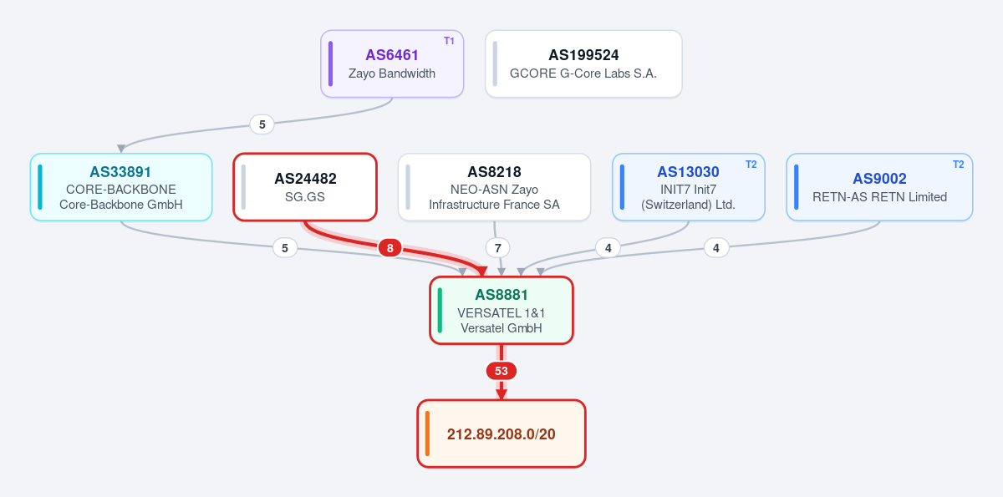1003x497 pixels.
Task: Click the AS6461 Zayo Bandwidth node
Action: click(392, 63)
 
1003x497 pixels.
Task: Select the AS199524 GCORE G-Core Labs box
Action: click(583, 63)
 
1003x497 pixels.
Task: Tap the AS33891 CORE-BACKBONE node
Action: click(121, 187)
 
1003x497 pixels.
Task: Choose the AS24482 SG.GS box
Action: click(305, 187)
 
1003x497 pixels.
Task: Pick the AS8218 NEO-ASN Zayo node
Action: click(494, 187)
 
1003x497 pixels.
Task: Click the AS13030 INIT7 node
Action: click(688, 187)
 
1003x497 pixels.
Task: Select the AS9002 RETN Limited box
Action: click(879, 187)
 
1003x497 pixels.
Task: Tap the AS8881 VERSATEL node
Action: click(501, 311)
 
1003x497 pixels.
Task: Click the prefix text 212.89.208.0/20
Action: click(501, 434)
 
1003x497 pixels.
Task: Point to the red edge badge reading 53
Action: click(501, 371)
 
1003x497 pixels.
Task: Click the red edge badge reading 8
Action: click(389, 248)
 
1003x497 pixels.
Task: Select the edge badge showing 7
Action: click(497, 248)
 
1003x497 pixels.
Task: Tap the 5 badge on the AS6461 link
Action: click(262, 124)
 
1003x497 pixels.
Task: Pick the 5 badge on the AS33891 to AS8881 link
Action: click(285, 248)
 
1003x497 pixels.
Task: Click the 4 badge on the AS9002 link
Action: click(716, 248)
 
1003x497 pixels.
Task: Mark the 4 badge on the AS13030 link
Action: click(608, 248)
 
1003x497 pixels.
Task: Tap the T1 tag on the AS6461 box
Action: click(449, 41)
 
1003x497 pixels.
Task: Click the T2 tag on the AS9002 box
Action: click(958, 165)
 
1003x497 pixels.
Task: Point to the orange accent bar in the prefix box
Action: click(428, 434)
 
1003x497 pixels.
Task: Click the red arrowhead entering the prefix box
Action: click(501, 394)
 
